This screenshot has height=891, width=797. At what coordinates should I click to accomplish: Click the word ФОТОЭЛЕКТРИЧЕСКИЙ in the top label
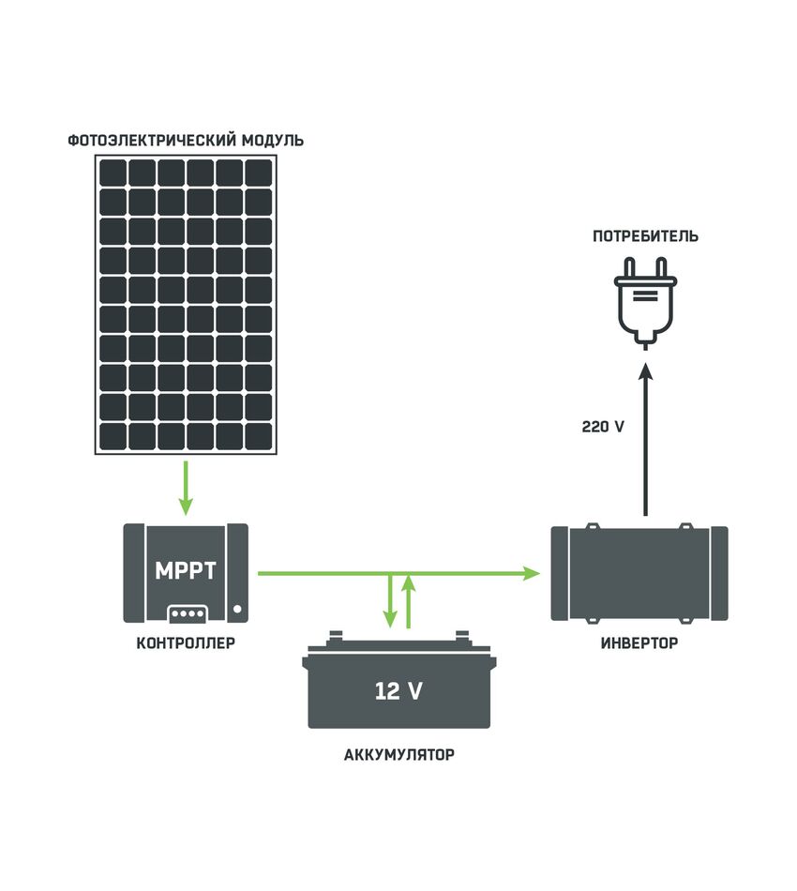click(x=152, y=140)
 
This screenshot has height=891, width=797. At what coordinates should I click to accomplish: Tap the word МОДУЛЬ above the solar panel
click(x=273, y=140)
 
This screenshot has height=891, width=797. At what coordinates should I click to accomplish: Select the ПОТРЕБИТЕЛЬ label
click(x=645, y=235)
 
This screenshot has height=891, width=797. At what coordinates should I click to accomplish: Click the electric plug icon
click(x=645, y=303)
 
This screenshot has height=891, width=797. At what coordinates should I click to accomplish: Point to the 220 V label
click(x=603, y=426)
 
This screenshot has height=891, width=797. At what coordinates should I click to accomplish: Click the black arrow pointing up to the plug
click(x=645, y=439)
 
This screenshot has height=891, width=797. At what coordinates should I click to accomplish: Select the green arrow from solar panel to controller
click(x=186, y=488)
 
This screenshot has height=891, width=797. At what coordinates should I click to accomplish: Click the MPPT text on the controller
click(x=186, y=570)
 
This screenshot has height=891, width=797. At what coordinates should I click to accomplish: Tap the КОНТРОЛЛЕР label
click(x=186, y=642)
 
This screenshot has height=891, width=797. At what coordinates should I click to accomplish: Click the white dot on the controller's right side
click(x=237, y=609)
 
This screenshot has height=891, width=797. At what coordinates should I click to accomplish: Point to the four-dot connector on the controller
click(x=188, y=613)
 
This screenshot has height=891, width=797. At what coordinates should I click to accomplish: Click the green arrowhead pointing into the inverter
click(x=531, y=573)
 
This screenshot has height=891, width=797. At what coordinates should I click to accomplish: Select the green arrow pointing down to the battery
click(x=390, y=600)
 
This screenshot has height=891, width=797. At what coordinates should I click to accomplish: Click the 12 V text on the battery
click(x=398, y=691)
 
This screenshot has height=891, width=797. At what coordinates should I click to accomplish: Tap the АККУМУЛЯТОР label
click(x=399, y=755)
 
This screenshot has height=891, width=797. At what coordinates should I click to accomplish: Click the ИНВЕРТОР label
click(x=639, y=642)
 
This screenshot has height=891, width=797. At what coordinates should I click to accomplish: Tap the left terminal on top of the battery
click(x=336, y=635)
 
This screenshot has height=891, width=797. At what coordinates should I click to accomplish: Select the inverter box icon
click(x=639, y=573)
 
